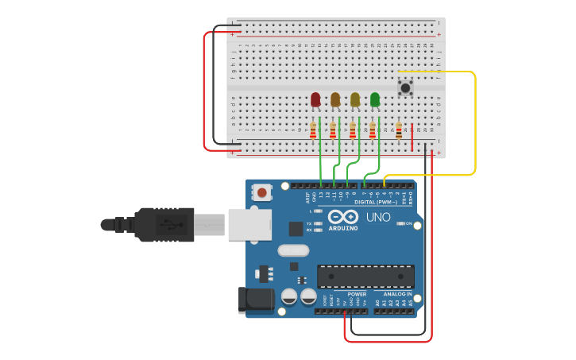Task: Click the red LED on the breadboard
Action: point(315,99)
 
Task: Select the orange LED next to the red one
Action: point(335,99)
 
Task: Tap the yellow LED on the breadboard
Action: point(355,99)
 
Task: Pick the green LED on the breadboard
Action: point(375,99)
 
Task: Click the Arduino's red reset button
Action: point(261,192)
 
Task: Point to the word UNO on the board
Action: point(377,217)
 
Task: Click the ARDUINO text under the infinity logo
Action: point(343,228)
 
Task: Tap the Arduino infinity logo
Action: point(343,217)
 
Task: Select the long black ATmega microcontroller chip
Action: point(365,277)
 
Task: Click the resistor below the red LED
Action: point(313,130)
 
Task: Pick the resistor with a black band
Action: point(399,130)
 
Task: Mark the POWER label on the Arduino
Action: point(357,294)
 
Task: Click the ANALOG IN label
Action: point(396,294)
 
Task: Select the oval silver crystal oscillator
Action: point(293,250)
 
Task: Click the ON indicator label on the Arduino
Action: point(409,224)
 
